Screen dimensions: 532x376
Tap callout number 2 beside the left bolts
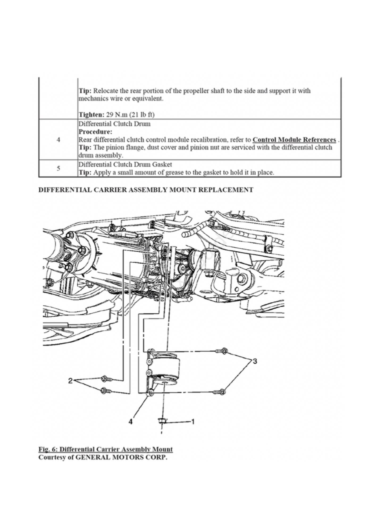70,381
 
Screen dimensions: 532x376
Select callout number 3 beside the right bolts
255,361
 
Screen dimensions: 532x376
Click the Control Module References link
294,140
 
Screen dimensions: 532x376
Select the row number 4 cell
58,140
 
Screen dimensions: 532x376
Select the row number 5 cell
58,168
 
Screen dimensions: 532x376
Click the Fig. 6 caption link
106,449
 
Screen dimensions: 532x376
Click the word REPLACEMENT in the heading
226,190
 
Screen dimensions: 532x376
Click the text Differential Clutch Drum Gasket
125,164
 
